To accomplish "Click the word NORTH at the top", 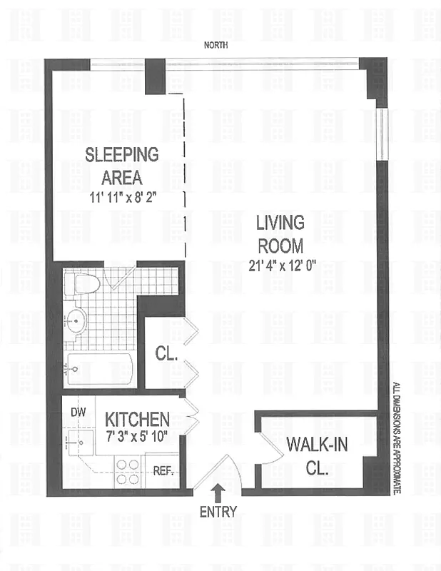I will tap(216, 45).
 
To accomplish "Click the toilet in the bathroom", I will tap(84, 284).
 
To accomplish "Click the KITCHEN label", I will tap(138, 419).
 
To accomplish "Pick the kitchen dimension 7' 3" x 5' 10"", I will tap(138, 437).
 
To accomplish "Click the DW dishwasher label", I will tap(78, 413).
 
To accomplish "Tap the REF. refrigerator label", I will tap(164, 471).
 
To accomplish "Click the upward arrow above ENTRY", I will tap(218, 491).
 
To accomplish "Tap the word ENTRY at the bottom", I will tap(218, 511).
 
